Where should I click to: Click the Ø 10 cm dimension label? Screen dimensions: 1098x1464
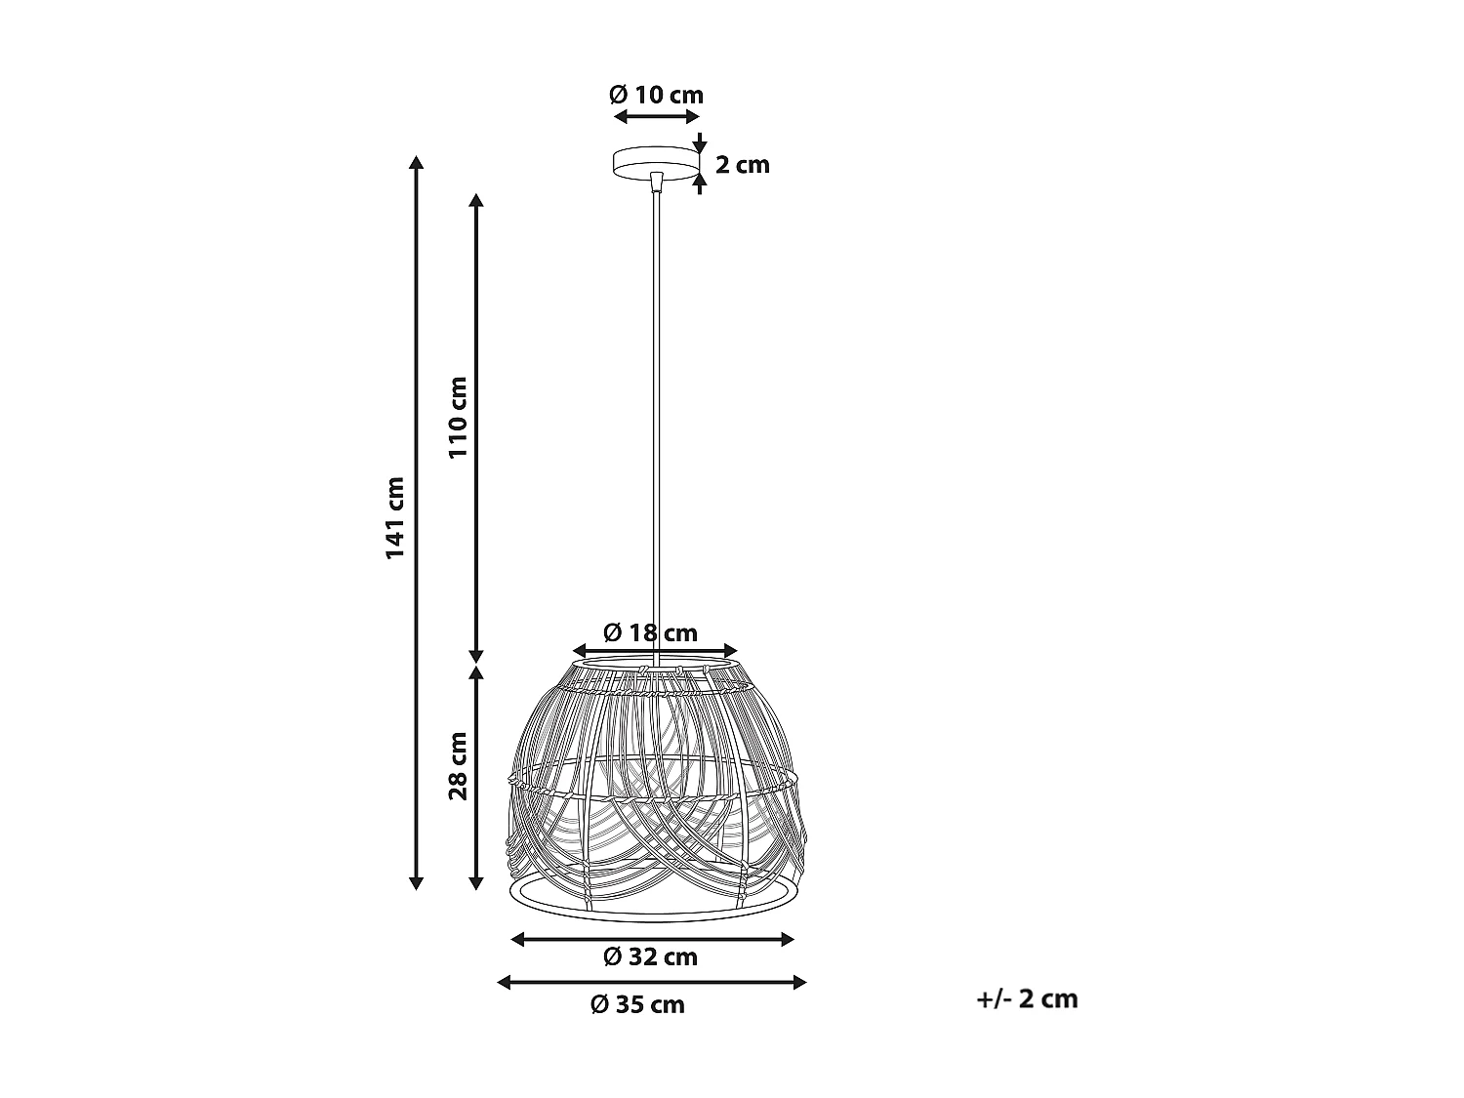pyautogui.click(x=656, y=95)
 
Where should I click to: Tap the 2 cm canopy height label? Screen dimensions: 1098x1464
pyautogui.click(x=743, y=164)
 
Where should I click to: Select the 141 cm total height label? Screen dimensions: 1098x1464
pyautogui.click(x=394, y=518)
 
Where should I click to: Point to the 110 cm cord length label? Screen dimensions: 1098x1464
pyautogui.click(x=457, y=417)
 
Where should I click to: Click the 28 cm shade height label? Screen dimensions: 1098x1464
pyautogui.click(x=457, y=766)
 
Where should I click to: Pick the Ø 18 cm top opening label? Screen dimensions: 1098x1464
pyautogui.click(x=650, y=632)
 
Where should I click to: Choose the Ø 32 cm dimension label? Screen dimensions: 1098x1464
pyautogui.click(x=650, y=956)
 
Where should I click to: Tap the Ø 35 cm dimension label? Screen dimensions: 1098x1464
pyautogui.click(x=637, y=1004)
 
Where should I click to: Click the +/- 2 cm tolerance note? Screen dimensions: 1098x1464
pyautogui.click(x=1027, y=998)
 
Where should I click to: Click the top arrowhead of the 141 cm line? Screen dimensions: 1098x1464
pyautogui.click(x=417, y=163)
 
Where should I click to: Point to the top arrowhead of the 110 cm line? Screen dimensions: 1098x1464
pyautogui.click(x=476, y=200)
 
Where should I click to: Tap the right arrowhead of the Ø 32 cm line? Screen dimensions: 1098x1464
pyautogui.click(x=788, y=939)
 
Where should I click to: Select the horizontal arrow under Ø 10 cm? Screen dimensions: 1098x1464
pyautogui.click(x=656, y=117)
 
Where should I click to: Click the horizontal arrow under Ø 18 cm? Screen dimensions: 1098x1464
pyautogui.click(x=655, y=651)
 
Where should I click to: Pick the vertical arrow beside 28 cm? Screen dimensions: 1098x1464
pyautogui.click(x=476, y=778)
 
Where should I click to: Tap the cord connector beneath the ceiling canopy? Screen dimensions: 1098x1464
pyautogui.click(x=656, y=183)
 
